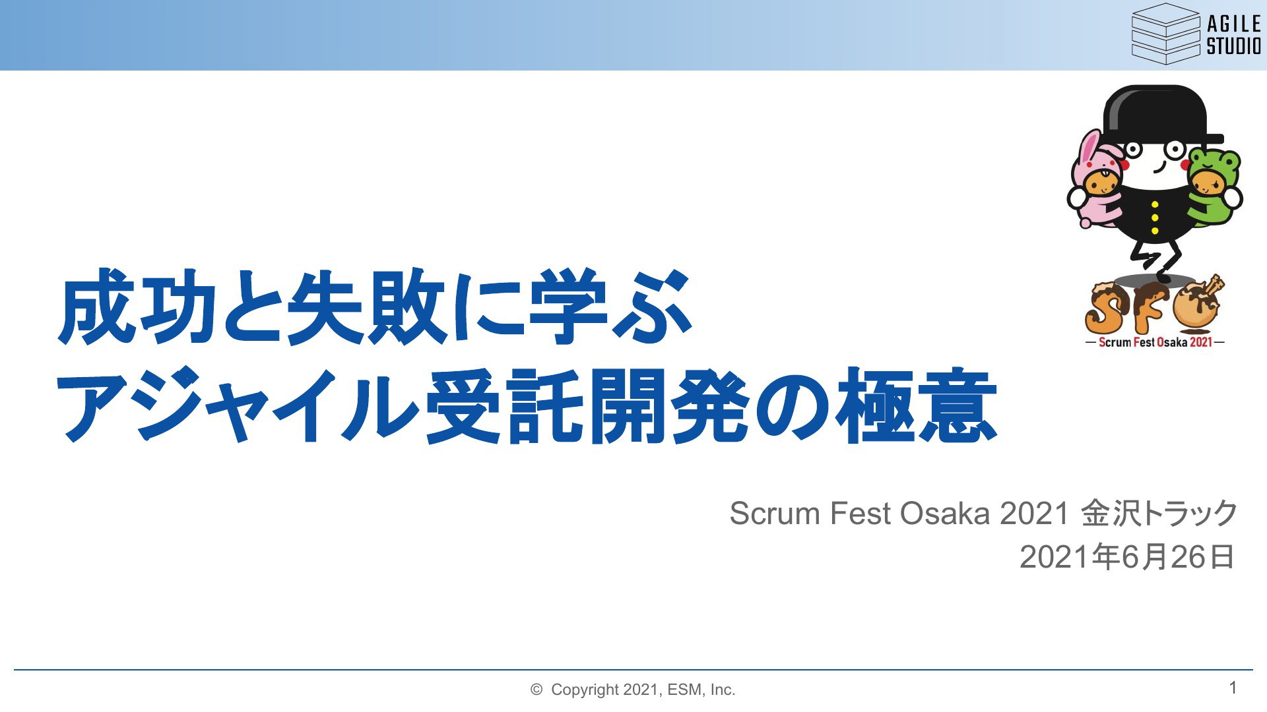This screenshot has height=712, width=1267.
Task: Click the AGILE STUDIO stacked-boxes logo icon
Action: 1165,34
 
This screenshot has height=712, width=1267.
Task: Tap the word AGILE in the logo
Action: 1234,24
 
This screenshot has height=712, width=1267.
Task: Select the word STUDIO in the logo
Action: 1234,46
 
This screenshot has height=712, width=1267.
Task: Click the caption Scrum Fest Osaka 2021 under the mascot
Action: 1155,342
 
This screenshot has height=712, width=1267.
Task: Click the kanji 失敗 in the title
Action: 367,306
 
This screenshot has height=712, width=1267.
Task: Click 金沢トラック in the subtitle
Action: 1159,514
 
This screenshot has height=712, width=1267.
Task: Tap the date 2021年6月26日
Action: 1127,557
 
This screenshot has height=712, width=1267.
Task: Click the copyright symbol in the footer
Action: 536,690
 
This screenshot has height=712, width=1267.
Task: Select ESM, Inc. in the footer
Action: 701,690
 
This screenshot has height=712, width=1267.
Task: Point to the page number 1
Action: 1233,688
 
